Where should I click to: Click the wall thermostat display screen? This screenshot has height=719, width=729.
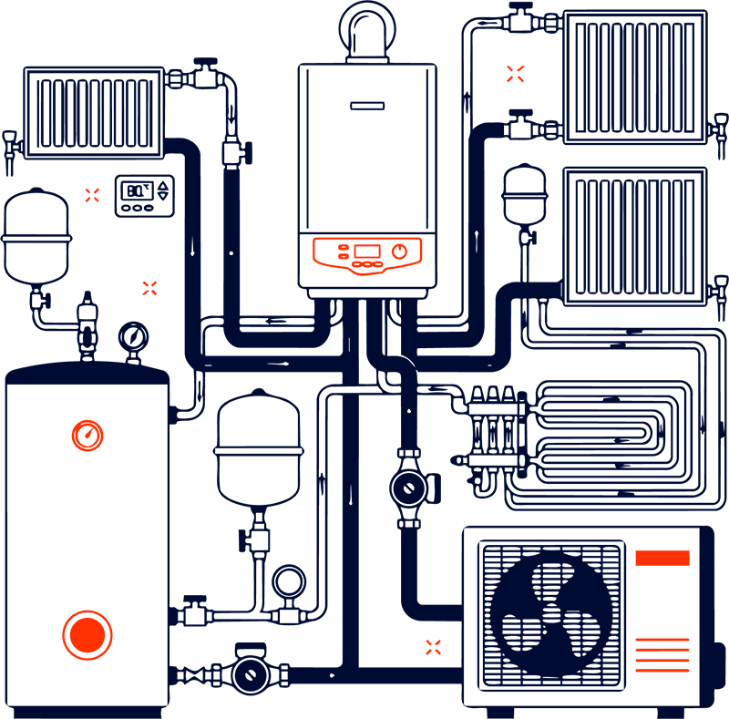[137, 190]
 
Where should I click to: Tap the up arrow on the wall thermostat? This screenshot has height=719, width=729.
[163, 186]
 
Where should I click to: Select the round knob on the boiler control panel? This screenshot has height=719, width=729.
[399, 252]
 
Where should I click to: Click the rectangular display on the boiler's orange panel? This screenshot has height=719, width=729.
[367, 252]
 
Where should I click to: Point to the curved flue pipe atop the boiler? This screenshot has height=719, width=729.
[367, 28]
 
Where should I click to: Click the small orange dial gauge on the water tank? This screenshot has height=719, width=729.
[87, 436]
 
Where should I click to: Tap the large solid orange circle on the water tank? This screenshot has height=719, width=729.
[87, 635]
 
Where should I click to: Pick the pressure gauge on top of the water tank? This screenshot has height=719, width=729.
[133, 338]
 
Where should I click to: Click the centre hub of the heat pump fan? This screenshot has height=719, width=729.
[552, 615]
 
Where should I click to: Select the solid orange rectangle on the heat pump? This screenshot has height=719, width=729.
[662, 558]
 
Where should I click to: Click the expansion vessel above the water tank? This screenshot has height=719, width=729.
[36, 237]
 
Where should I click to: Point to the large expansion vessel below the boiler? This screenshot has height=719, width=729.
[259, 448]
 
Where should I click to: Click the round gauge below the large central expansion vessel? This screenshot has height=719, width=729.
[289, 581]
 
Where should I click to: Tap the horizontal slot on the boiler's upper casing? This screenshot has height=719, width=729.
[367, 106]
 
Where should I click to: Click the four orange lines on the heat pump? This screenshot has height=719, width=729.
[662, 655]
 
